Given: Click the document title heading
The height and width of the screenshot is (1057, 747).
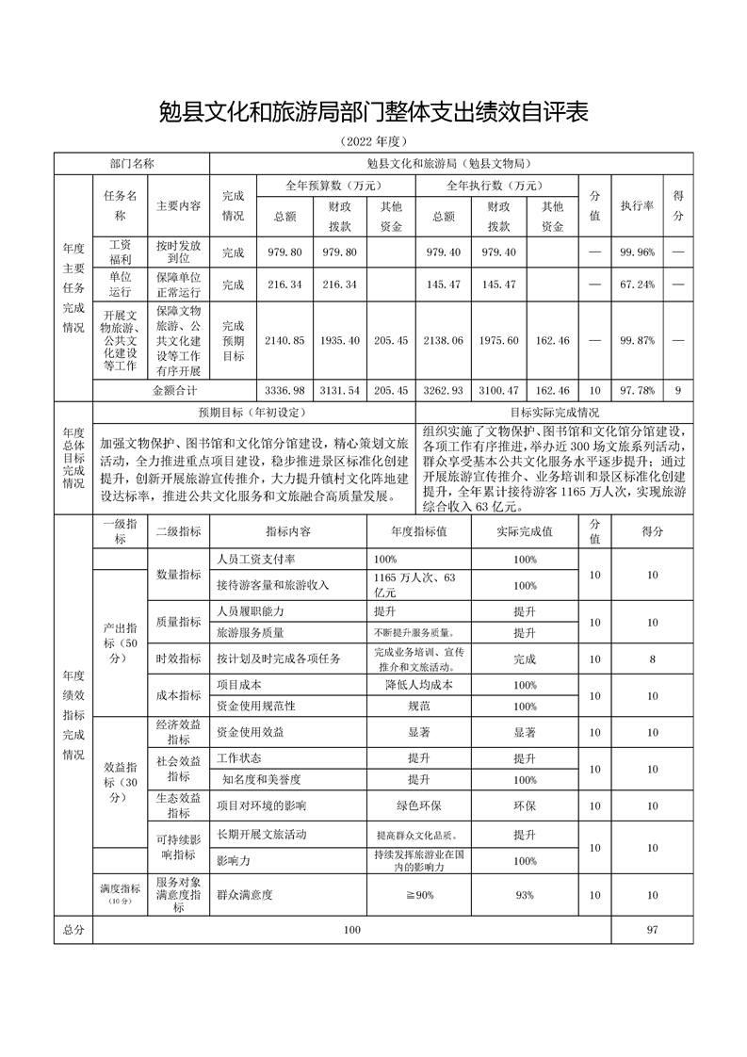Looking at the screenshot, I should pyautogui.click(x=373, y=114).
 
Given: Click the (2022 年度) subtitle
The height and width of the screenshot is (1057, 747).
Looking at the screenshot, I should pyautogui.click(x=373, y=142).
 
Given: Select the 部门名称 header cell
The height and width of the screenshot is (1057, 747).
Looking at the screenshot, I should pyautogui.click(x=132, y=163).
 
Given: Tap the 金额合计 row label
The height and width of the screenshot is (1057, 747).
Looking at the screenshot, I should pyautogui.click(x=175, y=389).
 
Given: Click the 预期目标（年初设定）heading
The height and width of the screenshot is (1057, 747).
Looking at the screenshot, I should pyautogui.click(x=252, y=412).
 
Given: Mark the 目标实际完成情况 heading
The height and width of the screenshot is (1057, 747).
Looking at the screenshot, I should pyautogui.click(x=555, y=412).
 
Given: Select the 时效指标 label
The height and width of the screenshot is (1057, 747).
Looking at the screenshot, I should pyautogui.click(x=178, y=659).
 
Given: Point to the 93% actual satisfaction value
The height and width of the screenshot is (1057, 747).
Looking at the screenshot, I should pyautogui.click(x=525, y=895).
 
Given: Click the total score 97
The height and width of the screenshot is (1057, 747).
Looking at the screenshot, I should pyautogui.click(x=652, y=930).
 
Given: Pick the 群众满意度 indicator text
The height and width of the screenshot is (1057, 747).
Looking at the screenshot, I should pyautogui.click(x=244, y=895).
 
